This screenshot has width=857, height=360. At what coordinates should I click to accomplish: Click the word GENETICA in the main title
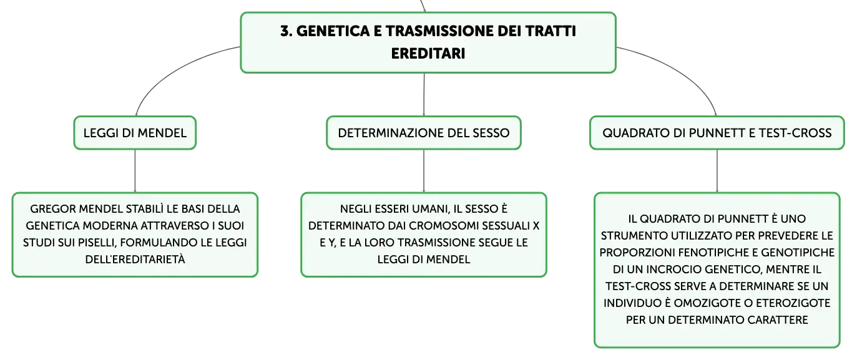coord(333,31)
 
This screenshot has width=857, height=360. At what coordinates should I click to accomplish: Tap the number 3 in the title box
coord(285,31)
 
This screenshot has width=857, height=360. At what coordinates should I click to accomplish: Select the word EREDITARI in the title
coord(428,53)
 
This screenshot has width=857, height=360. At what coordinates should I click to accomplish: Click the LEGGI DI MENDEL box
coord(135,133)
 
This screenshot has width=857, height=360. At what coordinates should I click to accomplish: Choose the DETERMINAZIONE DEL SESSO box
coord(424,133)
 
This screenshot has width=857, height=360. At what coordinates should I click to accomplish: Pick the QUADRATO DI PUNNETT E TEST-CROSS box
coord(717,133)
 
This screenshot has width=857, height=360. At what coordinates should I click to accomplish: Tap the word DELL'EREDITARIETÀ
coord(135,260)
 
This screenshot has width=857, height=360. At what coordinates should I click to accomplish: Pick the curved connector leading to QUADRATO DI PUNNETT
coord(678,71)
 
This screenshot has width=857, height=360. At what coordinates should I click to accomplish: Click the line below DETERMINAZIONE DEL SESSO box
coord(424,171)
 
